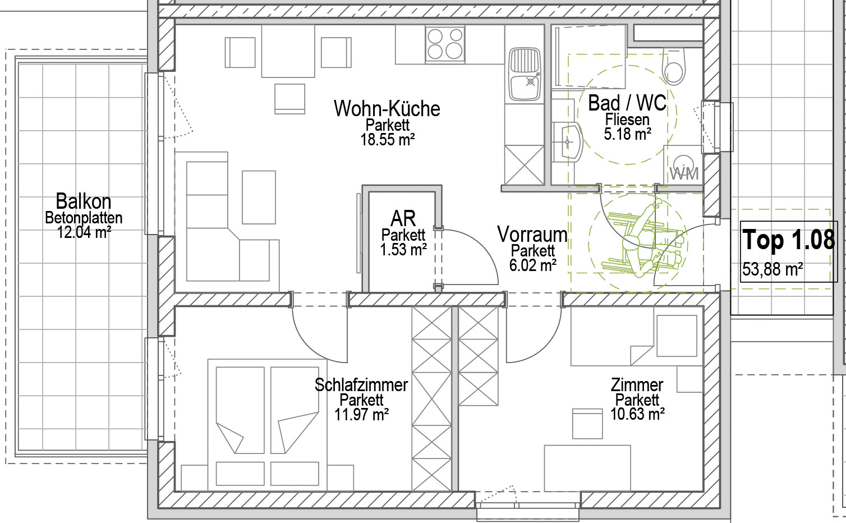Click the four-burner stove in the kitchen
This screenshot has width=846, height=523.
pos(445,44)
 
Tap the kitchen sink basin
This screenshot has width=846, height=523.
pos(525,74)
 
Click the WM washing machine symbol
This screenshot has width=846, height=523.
pos(684,168)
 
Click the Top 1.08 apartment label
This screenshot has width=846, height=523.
pos(789,240)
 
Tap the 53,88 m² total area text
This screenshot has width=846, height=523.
pos(773,269)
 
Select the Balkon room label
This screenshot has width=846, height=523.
pos(84,201)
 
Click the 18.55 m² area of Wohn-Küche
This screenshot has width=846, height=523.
pos(387,140)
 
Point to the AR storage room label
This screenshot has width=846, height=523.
pos(403,218)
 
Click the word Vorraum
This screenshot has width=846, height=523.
pos(532,235)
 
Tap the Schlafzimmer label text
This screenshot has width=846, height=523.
pos(361,385)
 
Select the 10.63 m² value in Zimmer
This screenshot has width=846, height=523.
pos(637,414)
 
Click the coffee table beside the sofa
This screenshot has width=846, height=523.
pos(259,198)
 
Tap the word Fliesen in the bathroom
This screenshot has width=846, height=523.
pos(627,120)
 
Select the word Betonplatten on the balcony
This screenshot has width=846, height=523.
pos(84,218)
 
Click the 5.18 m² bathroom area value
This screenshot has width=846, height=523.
pos(627,134)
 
